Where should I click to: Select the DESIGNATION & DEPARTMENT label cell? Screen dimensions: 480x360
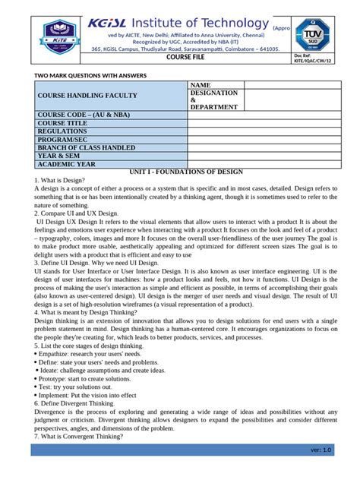[214, 100]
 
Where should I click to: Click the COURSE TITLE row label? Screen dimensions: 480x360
[63, 122]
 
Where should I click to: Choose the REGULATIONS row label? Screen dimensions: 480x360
[65, 131]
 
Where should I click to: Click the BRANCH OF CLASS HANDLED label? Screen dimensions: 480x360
[87, 147]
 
